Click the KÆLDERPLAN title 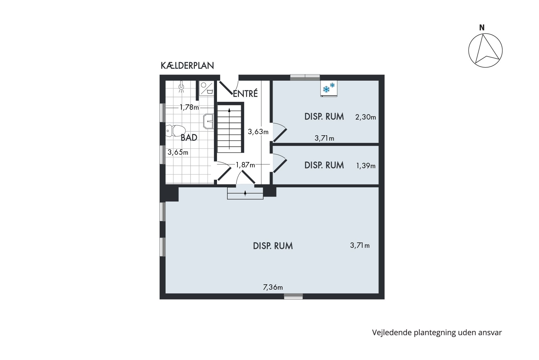point(187,66)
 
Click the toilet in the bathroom point(176,131)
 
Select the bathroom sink point(208,121)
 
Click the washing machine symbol point(207,88)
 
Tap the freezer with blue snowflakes point(329,89)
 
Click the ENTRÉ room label point(245,94)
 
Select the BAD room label point(189,138)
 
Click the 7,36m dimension point(273,287)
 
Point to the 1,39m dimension point(366,166)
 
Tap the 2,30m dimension point(366,117)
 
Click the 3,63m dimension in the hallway point(258,131)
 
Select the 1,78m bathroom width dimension point(189,107)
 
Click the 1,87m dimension point(245,165)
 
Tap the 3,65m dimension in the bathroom point(178,152)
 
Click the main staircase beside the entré point(230,128)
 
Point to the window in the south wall point(293,296)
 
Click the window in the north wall point(305,77)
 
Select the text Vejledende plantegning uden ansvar point(437,332)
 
